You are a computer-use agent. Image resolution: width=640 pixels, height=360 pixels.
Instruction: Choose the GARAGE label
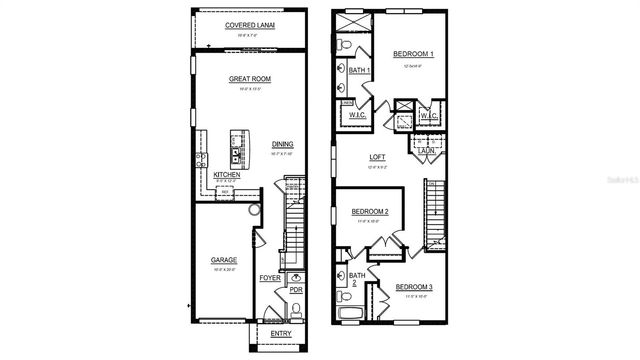(x=223, y=260)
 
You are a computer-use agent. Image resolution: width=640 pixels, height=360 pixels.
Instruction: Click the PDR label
(x=296, y=290)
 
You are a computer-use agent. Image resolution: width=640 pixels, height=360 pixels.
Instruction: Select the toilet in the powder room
(x=296, y=308)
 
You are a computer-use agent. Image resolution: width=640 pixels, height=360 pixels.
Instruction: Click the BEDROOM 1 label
(x=411, y=53)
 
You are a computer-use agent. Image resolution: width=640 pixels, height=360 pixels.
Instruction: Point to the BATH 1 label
(x=360, y=70)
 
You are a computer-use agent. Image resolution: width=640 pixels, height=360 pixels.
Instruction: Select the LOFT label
(x=377, y=157)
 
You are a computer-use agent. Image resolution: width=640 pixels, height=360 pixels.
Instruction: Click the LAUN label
(x=426, y=150)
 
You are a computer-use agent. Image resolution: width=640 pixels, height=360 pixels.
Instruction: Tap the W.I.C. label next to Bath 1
(x=357, y=114)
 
